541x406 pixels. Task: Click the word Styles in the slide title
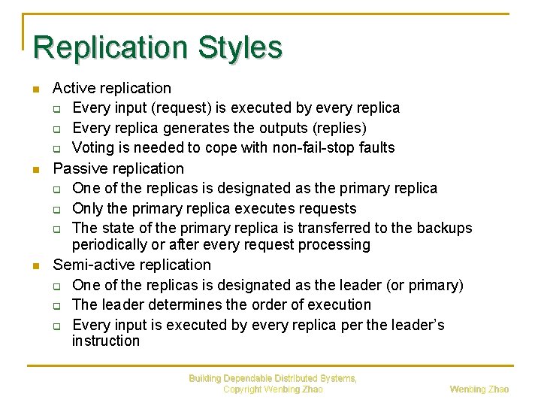coord(240,47)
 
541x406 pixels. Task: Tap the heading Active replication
coord(112,89)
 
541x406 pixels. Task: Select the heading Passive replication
coord(118,168)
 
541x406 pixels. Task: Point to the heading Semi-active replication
coord(131,265)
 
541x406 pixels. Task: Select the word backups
coord(445,228)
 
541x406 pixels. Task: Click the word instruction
coord(106,341)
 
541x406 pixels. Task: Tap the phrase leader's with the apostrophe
coord(418,325)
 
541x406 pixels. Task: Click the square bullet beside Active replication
coord(36,90)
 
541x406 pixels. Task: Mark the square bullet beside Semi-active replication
coord(36,266)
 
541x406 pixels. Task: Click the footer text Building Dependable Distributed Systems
coord(273,378)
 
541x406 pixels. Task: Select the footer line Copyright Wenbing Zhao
coord(273,389)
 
